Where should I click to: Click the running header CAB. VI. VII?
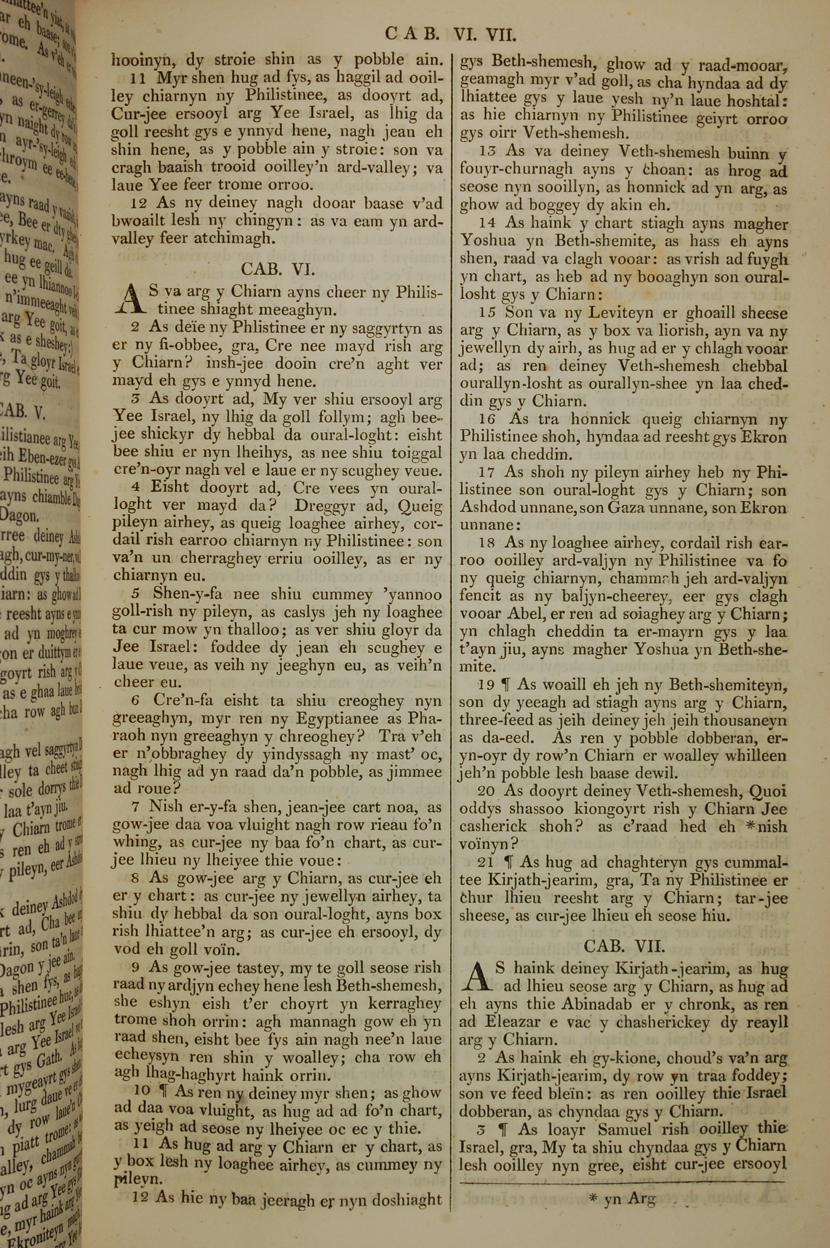[450, 35]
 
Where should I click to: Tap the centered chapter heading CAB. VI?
[278, 269]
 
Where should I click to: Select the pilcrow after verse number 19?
[506, 685]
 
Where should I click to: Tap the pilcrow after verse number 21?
[509, 862]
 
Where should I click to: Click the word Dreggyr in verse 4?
[325, 506]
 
